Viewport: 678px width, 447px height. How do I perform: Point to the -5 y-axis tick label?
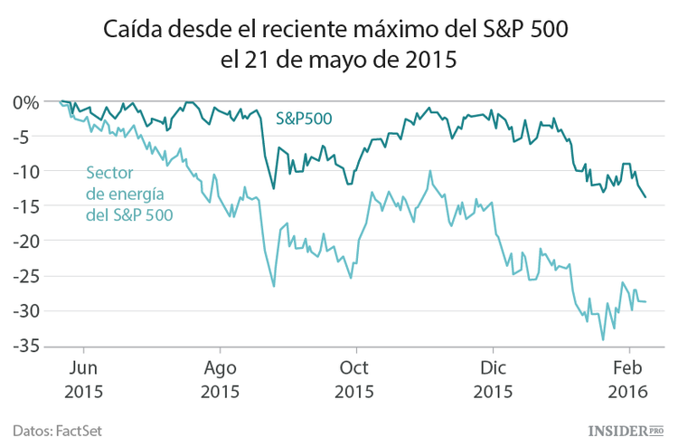click(x=27, y=137)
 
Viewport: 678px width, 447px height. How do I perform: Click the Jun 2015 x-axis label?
click(x=83, y=380)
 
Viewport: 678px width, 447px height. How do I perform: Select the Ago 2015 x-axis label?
click(x=220, y=380)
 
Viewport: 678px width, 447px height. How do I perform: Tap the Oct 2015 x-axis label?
click(x=356, y=380)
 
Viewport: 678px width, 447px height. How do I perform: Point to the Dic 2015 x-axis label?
click(x=493, y=380)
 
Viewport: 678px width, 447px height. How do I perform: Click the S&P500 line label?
click(x=304, y=118)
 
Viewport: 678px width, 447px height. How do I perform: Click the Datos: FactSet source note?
click(x=56, y=430)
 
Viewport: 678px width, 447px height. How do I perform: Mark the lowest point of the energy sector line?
click(x=603, y=339)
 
